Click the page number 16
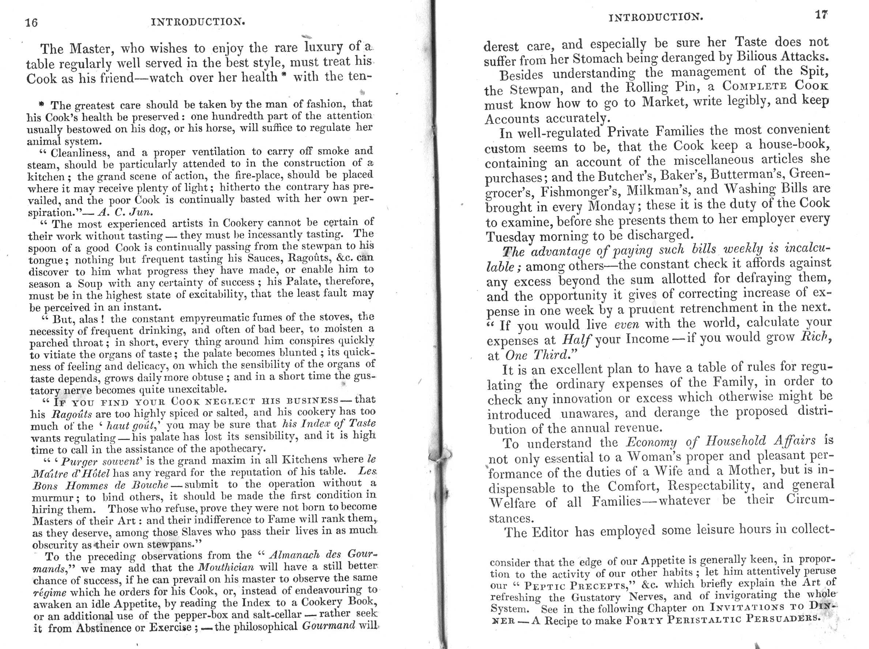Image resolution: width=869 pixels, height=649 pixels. click(31, 23)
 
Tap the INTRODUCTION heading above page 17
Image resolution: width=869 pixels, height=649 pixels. click(655, 17)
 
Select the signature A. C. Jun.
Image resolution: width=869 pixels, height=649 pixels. click(134, 212)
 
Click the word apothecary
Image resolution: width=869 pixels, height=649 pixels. click(237, 448)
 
